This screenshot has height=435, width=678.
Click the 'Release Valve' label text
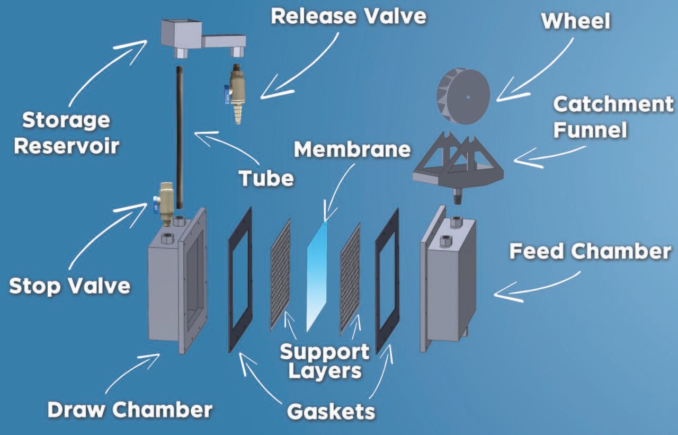tap(349, 16)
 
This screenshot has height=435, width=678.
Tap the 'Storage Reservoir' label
tap(66, 133)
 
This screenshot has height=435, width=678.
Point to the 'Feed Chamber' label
tap(590, 252)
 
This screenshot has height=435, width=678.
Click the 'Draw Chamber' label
tap(130, 410)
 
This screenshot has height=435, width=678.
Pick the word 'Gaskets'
tap(331, 412)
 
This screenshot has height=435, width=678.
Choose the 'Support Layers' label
tap(325, 361)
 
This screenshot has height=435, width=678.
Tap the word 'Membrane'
tap(352, 149)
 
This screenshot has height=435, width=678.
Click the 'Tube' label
tap(266, 179)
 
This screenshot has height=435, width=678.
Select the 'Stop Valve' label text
tap(69, 286)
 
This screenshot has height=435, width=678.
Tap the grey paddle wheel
tap(463, 96)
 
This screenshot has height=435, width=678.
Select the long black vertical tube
tap(180, 137)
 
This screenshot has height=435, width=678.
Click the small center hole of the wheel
tap(468, 97)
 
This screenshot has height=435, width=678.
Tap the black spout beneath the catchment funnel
tap(459, 197)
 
